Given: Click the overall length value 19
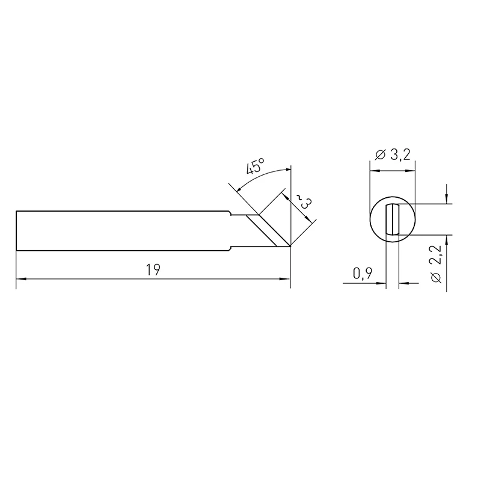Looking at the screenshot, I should pyautogui.click(x=153, y=270).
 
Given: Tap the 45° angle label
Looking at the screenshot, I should pyautogui.click(x=255, y=167).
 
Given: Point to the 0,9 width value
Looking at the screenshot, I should pyautogui.click(x=362, y=274).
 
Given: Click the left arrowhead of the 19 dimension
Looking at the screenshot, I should pyautogui.click(x=20, y=279).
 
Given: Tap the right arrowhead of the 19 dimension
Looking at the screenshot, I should pyautogui.click(x=287, y=279).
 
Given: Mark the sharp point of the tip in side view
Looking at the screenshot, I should pyautogui.click(x=290, y=247).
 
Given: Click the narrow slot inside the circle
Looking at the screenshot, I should pyautogui.click(x=393, y=219).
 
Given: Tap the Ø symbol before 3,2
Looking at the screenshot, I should pyautogui.click(x=379, y=155).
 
